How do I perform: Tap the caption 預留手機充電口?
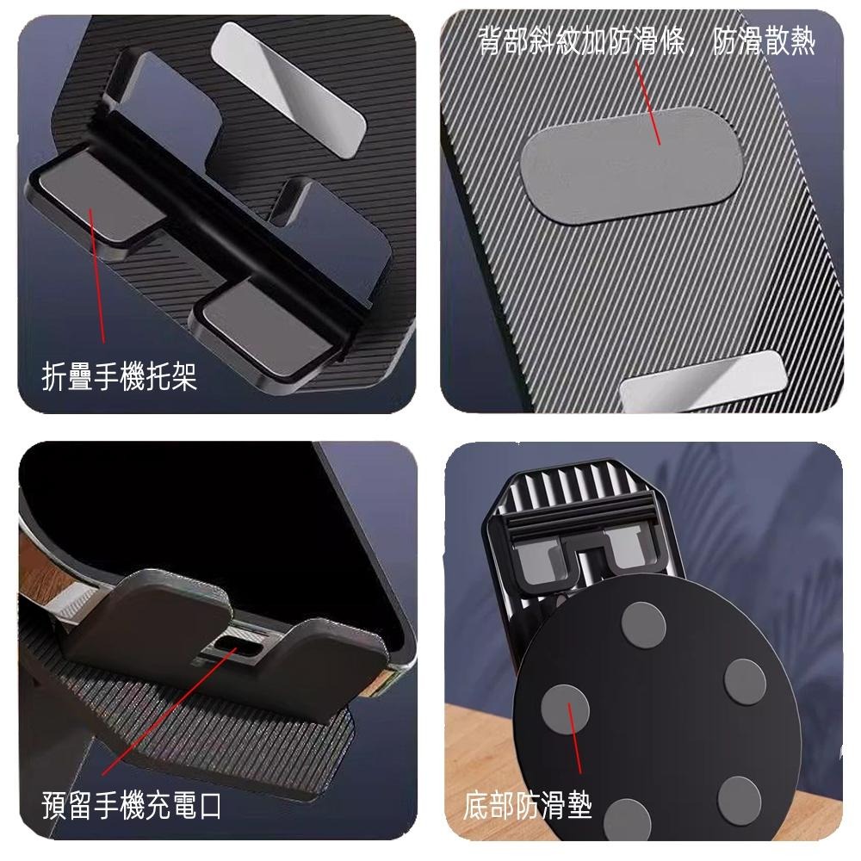(x=132, y=806)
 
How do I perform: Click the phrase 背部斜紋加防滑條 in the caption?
(x=585, y=41)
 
